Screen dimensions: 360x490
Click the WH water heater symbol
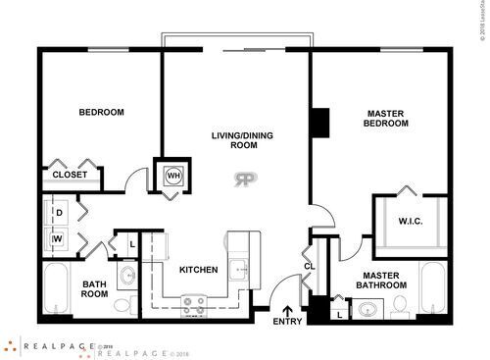coord(173,176)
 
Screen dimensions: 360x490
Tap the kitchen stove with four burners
coord(193,310)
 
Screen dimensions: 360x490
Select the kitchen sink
coord(239,268)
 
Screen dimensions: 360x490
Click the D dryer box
coord(58,212)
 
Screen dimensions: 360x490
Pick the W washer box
coord(58,237)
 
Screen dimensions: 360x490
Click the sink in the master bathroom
coord(367,311)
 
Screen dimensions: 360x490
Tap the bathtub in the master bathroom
coord(432,290)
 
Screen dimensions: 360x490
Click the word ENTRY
coord(288,322)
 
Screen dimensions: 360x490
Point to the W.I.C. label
coord(411,220)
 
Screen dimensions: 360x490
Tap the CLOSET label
coord(70,175)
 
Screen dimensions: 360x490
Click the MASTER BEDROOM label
coord(384,119)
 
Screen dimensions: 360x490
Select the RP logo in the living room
coord(243,179)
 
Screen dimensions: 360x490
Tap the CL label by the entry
coord(309,266)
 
